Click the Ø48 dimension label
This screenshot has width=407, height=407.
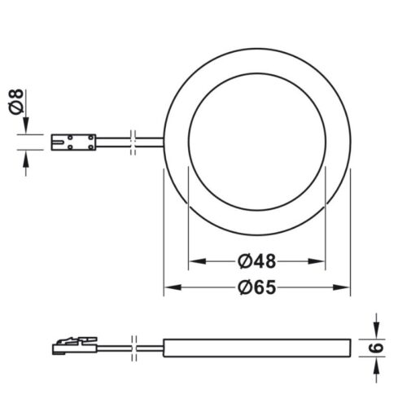pos(257,261)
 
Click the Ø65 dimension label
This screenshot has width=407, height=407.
pos(257,287)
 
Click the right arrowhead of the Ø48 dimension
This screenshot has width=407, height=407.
pos(322,261)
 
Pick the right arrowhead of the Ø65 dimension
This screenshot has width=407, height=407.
pos(347,287)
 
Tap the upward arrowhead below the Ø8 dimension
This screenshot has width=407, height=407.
pos(26,159)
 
